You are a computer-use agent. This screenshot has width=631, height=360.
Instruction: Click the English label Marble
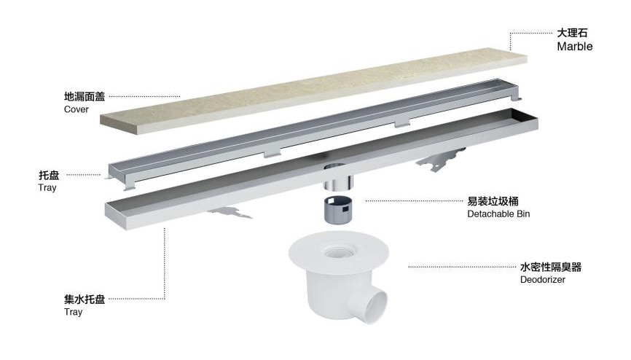[575, 47]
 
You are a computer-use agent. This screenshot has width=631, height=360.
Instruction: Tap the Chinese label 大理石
[572, 33]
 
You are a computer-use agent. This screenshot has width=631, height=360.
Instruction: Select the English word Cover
[76, 109]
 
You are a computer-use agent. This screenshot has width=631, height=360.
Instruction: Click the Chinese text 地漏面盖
[85, 97]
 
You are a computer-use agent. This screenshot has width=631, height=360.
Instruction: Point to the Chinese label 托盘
[49, 175]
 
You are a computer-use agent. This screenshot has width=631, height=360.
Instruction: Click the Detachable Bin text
[498, 214]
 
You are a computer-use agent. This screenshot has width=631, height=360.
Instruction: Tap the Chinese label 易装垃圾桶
[493, 201]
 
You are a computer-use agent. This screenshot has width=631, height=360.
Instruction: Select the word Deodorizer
[542, 279]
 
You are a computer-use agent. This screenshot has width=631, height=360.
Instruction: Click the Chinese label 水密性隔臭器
[551, 267]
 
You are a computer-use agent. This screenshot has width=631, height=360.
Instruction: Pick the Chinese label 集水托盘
[85, 300]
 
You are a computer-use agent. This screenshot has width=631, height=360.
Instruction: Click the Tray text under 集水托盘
[73, 312]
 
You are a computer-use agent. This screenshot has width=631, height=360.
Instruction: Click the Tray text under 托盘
[47, 187]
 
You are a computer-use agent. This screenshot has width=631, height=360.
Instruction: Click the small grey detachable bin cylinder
[338, 208]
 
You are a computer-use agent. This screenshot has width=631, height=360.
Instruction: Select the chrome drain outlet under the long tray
[338, 181]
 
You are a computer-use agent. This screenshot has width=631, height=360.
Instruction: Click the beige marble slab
[313, 91]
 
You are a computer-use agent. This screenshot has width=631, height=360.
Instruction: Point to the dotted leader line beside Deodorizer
[462, 267]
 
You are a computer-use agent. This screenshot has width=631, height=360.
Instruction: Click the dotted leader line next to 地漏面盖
[144, 97]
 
